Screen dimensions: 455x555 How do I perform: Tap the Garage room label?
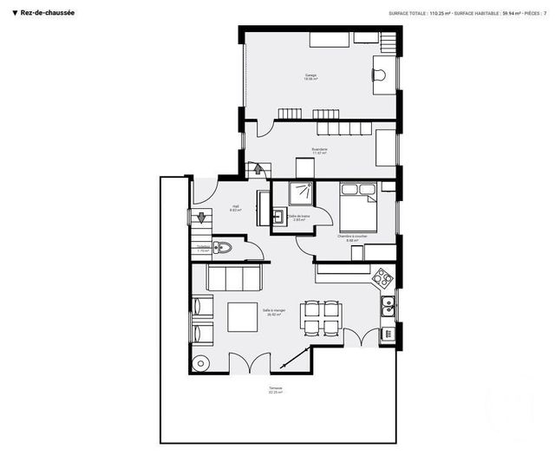(x=310, y=76)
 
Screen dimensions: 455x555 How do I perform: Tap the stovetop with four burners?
(x=382, y=278)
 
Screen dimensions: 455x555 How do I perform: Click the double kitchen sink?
(x=388, y=306)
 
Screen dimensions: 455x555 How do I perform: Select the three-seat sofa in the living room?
(x=234, y=278)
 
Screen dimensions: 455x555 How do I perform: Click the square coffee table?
(x=242, y=316)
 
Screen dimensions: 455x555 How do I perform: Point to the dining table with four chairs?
(x=320, y=316)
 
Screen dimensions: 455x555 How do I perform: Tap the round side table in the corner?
(x=201, y=362)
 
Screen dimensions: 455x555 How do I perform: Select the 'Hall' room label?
(x=235, y=207)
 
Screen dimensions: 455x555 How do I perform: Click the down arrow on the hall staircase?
(x=198, y=218)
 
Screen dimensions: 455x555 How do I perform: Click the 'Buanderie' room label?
(x=320, y=150)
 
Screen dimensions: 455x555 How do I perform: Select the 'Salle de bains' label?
(x=299, y=218)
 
